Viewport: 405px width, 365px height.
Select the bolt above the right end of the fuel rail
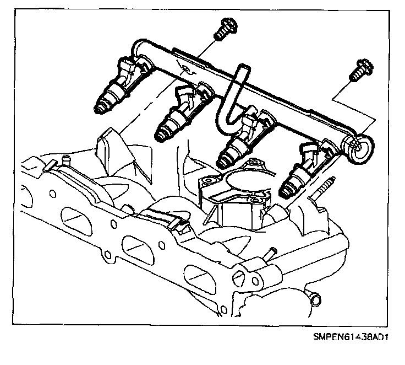[x=358, y=69]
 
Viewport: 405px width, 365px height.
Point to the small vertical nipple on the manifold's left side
[x=68, y=160]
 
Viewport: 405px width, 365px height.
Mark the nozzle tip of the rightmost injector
[x=286, y=191]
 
